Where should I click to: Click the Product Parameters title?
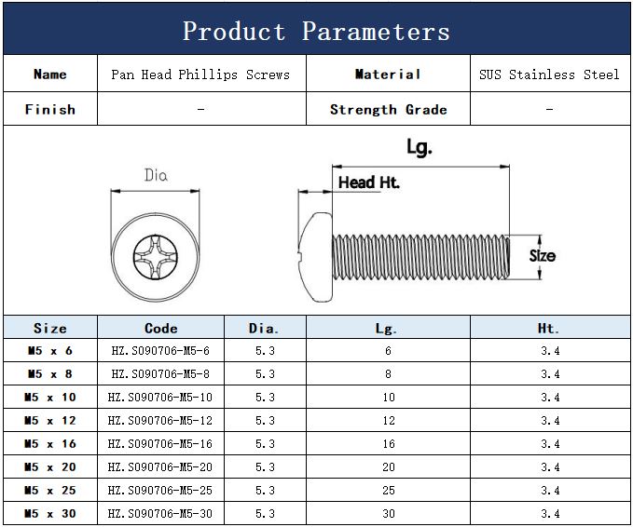pos(316,31)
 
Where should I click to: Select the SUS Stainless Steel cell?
pos(549,74)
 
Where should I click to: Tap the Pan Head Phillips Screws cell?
pos(200,74)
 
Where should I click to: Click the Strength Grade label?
pos(388,109)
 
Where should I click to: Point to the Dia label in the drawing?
pos(156,175)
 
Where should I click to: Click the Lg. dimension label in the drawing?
pos(420,147)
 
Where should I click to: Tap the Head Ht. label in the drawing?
pos(368,182)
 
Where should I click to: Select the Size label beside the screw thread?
pos(543,256)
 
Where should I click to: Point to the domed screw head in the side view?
pos(315,255)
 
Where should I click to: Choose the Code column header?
pos(160,328)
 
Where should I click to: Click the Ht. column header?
pos(549,328)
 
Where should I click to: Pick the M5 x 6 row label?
pos(50,351)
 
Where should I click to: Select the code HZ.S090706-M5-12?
pos(160,421)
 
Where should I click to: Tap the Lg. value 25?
pos(388,491)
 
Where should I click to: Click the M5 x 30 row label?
pos(50,514)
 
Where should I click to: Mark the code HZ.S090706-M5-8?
pos(160,374)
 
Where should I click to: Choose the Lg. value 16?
pos(388,444)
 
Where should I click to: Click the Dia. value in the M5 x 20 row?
pos(265,467)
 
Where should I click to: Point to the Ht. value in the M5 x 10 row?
pos(549,398)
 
